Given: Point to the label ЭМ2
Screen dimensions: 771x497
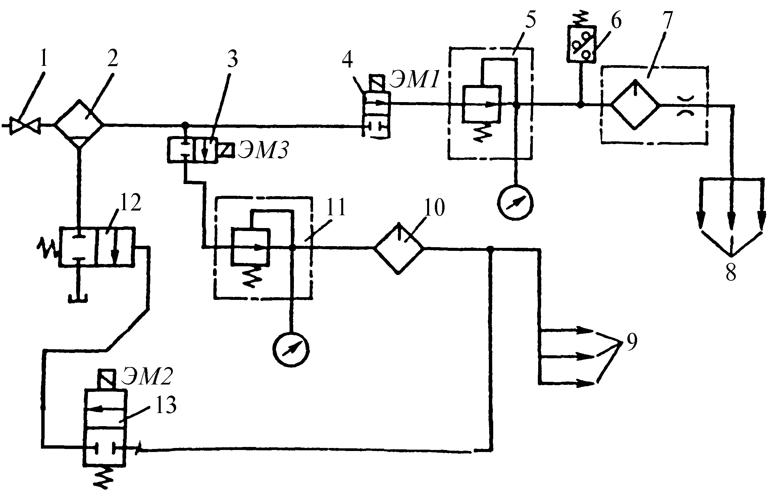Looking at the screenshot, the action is [x=148, y=377].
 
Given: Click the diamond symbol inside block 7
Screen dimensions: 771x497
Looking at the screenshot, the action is [x=635, y=104].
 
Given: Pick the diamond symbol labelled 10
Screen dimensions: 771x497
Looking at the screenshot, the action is [x=399, y=247].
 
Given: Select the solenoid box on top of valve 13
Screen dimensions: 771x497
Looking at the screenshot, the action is [x=105, y=379].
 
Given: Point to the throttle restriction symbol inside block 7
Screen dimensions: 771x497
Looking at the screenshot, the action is [x=684, y=104].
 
